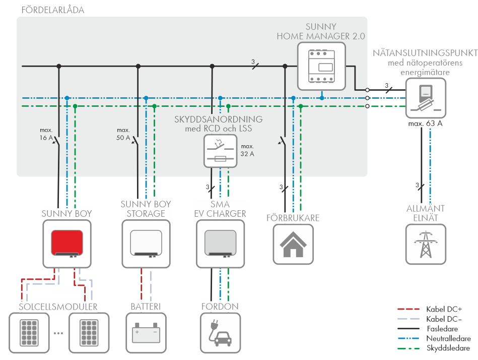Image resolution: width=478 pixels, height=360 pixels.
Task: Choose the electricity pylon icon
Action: (x=426, y=244)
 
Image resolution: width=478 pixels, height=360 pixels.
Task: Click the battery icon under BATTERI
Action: (x=146, y=333)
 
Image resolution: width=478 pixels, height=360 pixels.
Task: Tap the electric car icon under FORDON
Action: (x=220, y=333)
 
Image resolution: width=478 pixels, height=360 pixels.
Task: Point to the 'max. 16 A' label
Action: (x=46, y=134)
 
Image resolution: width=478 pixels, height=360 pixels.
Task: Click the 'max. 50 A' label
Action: (x=123, y=134)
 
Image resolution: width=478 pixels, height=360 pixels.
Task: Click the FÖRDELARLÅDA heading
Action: (x=53, y=10)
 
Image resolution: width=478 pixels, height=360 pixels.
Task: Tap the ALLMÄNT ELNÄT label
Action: (x=426, y=213)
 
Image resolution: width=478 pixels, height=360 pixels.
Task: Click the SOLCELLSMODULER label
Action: (x=58, y=307)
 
